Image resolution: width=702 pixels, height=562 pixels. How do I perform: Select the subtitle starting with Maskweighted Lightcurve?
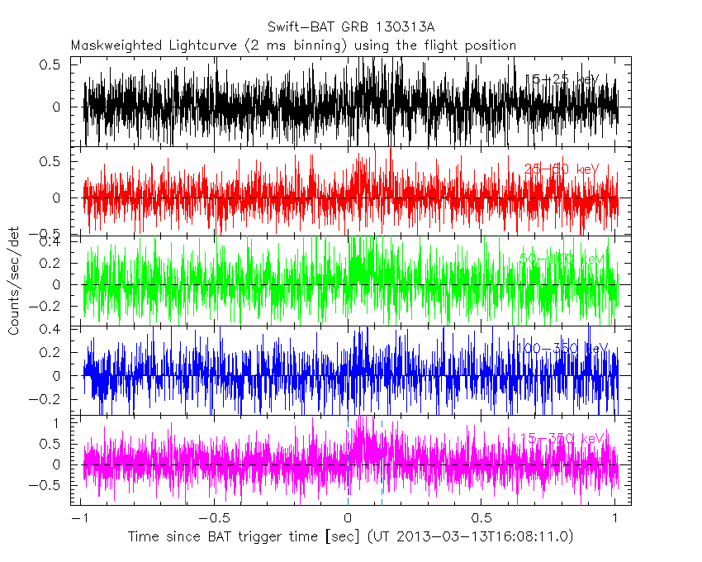[x=293, y=45]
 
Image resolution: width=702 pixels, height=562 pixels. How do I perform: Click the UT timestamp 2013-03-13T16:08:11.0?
[x=478, y=536]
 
